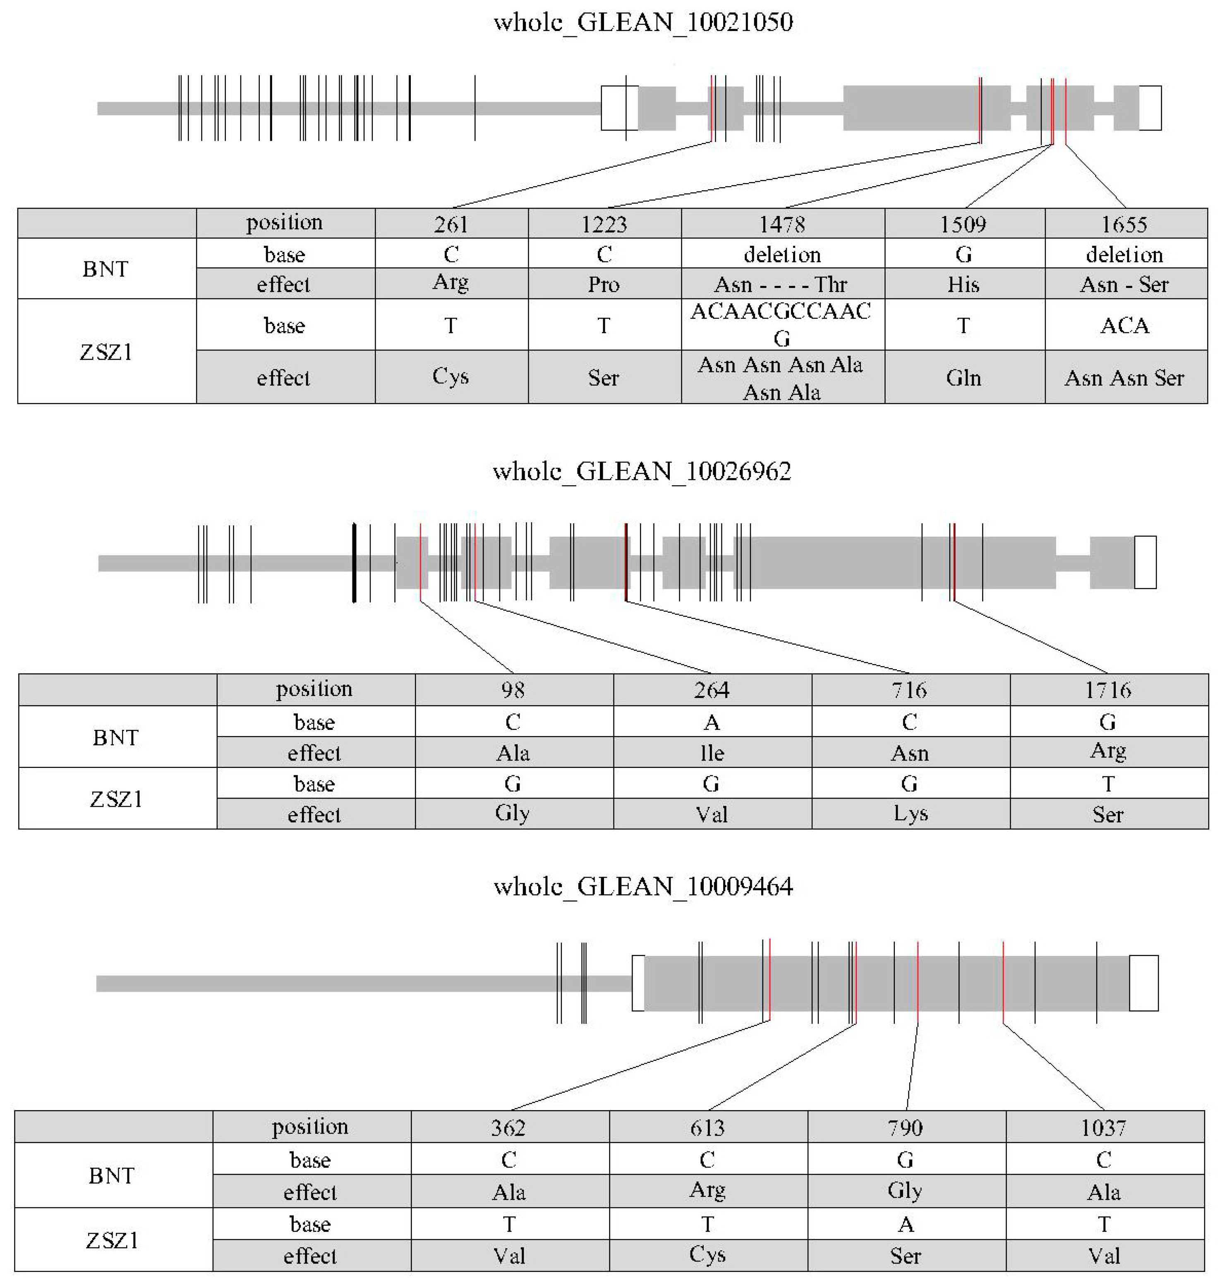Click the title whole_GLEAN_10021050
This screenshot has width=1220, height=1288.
[642, 23]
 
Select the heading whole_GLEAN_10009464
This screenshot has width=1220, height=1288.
[642, 886]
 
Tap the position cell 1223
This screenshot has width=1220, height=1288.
[604, 224]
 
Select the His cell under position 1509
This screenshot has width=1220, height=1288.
[963, 284]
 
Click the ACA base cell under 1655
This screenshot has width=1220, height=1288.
[1125, 325]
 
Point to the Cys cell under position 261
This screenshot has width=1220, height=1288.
[451, 377]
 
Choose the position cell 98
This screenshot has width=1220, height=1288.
[513, 690]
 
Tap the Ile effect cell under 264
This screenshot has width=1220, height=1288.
[712, 753]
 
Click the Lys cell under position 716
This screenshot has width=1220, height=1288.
[910, 814]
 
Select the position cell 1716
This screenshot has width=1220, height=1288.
[1108, 690]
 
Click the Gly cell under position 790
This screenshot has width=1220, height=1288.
[905, 1190]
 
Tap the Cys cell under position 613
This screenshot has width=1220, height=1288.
[707, 1255]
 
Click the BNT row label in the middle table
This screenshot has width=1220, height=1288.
[116, 737]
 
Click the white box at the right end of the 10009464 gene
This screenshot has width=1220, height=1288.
[1143, 983]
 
